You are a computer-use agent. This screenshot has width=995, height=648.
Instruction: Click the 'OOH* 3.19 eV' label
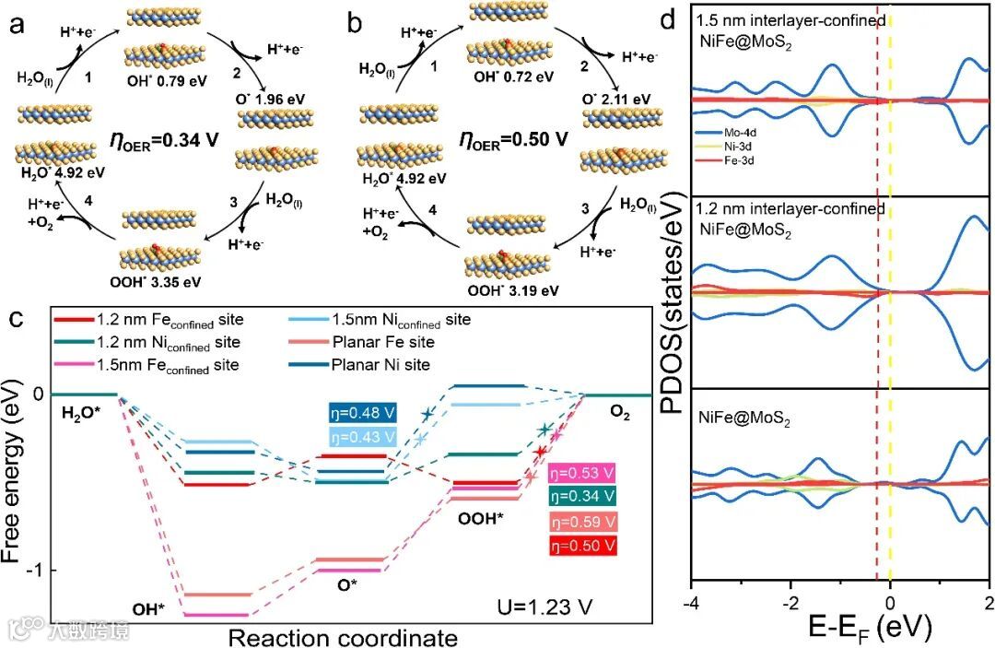508,291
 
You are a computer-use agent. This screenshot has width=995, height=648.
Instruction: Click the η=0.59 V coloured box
581,521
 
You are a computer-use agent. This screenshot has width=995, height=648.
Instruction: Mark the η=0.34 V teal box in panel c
581,498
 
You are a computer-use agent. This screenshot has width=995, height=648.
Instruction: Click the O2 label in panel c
616,413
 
